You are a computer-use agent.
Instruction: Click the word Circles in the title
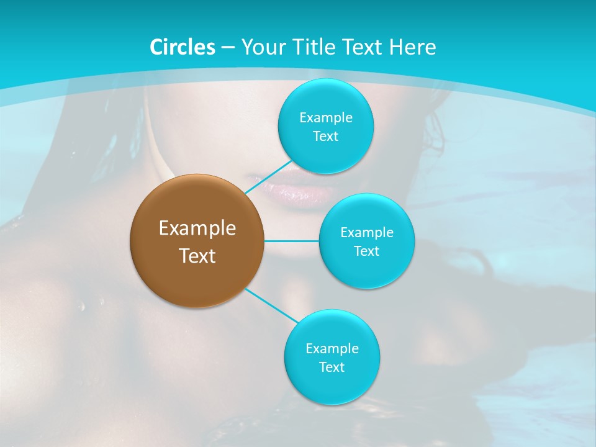[x=182, y=47]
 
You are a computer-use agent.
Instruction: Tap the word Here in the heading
[x=412, y=47]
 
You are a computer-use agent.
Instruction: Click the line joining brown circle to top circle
[x=268, y=176]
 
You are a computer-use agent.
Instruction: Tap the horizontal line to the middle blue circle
[x=291, y=240]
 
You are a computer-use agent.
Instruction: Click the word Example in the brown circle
[x=197, y=228]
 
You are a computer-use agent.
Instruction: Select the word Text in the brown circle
[x=197, y=256]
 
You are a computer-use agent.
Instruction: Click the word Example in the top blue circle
[x=325, y=118]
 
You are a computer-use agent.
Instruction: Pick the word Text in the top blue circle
[x=325, y=137]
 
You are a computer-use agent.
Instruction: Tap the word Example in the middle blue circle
[x=366, y=233]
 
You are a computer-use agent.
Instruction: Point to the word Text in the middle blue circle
[x=366, y=251]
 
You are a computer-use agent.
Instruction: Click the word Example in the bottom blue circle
[x=332, y=349]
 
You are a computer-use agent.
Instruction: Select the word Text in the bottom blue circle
[x=332, y=368]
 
